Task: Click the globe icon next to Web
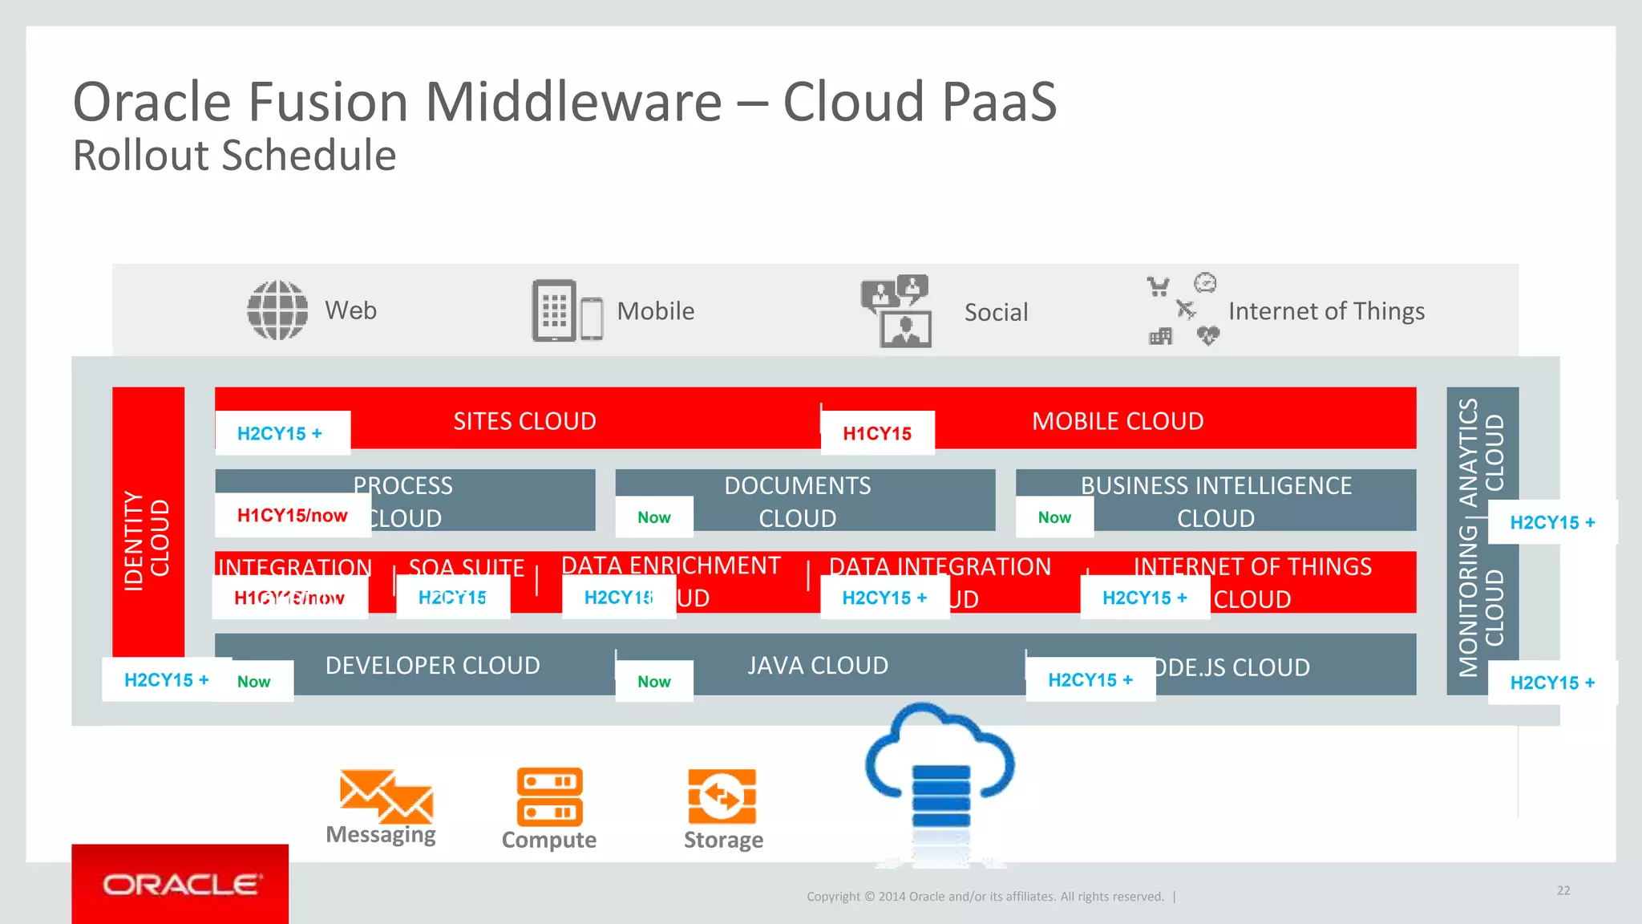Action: click(x=277, y=310)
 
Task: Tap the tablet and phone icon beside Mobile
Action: click(x=567, y=310)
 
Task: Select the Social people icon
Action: click(x=896, y=311)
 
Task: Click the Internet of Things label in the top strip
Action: click(x=1326, y=311)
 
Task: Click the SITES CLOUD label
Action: click(x=524, y=421)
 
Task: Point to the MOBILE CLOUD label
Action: click(x=1118, y=421)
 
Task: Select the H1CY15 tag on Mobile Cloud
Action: click(x=877, y=434)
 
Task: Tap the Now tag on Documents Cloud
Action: click(x=654, y=517)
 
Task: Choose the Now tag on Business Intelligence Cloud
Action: click(x=1054, y=517)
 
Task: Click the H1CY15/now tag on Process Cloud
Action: click(x=292, y=516)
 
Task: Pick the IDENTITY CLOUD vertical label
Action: click(x=147, y=541)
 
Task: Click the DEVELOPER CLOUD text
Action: click(x=432, y=666)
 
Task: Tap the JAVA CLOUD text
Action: click(x=818, y=666)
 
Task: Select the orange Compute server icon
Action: click(x=549, y=796)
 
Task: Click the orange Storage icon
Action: click(x=722, y=796)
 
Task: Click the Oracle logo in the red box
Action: click(x=180, y=885)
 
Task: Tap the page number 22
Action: click(x=1563, y=890)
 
